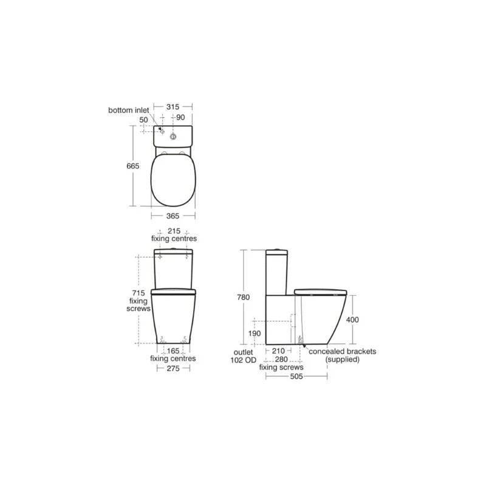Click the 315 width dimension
click(173, 106)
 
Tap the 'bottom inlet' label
click(129, 111)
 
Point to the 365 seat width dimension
click(173, 216)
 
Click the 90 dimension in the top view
click(180, 117)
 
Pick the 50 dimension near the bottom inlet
click(143, 120)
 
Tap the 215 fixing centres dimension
click(173, 231)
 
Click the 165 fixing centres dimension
click(173, 351)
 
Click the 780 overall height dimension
click(243, 298)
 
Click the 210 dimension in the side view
click(280, 351)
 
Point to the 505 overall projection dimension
click(297, 376)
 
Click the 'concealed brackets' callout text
click(343, 351)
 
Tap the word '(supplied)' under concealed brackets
click(343, 360)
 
